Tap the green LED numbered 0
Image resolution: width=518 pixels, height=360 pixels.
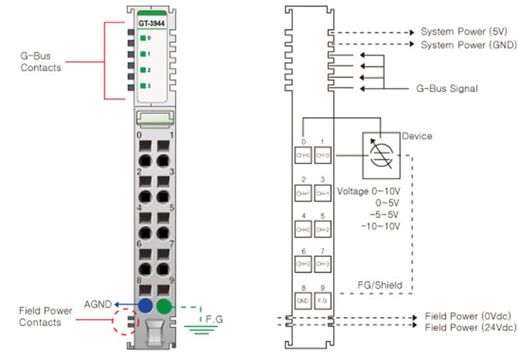(143, 38)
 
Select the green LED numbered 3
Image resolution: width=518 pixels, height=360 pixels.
(143, 86)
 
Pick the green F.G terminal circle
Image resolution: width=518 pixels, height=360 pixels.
(164, 306)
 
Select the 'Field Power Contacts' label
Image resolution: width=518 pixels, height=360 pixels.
(45, 316)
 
